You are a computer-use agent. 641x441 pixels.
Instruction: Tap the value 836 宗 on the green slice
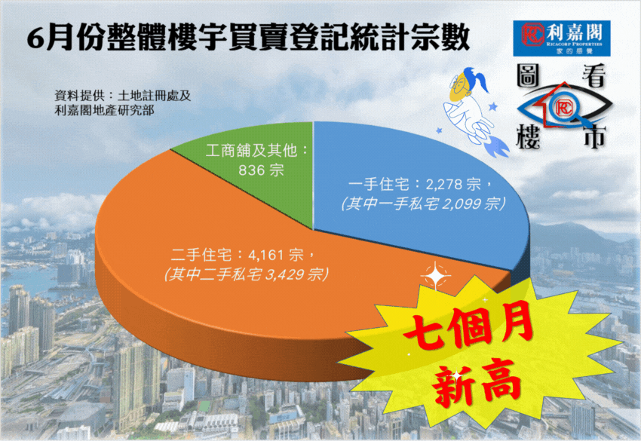(x=261, y=170)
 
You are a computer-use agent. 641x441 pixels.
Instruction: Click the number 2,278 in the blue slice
(x=443, y=185)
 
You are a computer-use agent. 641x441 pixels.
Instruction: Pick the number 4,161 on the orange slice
(x=265, y=256)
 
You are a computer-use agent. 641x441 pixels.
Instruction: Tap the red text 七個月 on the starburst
(x=469, y=326)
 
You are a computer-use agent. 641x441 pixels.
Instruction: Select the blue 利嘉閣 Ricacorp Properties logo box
(x=562, y=38)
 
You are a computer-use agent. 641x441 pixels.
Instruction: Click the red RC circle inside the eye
(x=563, y=108)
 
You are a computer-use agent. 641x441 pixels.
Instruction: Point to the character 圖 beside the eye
(x=528, y=75)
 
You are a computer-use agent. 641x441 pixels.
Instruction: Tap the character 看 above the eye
(x=593, y=76)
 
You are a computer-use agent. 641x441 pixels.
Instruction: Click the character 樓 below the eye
(x=528, y=136)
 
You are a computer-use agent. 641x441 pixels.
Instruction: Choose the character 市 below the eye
(x=594, y=136)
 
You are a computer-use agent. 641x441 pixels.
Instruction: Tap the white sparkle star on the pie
(x=436, y=276)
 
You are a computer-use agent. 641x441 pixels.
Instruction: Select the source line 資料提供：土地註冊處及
(x=123, y=96)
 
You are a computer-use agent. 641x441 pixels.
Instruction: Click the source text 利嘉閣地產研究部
(x=105, y=110)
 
